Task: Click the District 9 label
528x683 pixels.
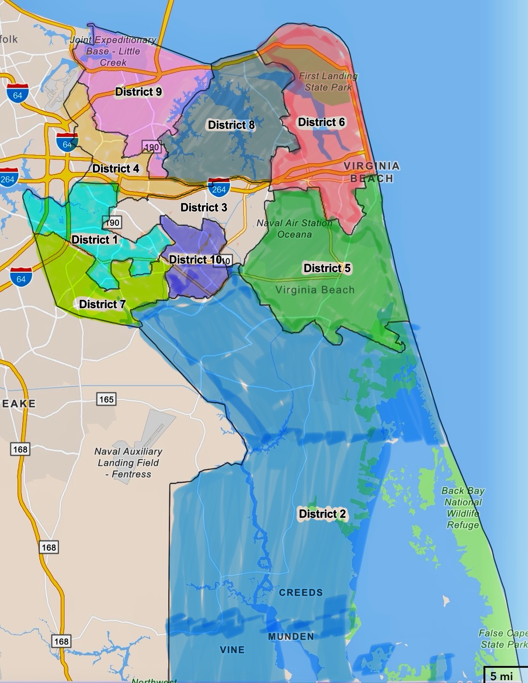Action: [138, 92]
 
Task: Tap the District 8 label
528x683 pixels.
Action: [231, 125]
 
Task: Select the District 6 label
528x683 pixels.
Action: [321, 122]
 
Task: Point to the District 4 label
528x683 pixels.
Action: [116, 168]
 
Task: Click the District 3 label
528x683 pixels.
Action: [204, 207]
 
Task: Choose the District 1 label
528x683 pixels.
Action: [94, 240]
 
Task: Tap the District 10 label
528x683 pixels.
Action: [196, 259]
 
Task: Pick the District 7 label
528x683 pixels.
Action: [102, 304]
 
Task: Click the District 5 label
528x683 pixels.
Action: [327, 268]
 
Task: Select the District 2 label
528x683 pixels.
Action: [322, 514]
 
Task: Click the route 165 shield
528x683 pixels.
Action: [106, 399]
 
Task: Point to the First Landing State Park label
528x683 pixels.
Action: [328, 82]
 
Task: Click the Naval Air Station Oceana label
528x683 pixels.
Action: [294, 229]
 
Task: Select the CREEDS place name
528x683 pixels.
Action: [300, 592]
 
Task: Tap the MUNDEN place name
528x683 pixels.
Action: [291, 637]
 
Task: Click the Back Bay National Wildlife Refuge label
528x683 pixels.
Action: [463, 508]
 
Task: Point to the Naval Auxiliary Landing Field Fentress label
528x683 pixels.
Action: [128, 462]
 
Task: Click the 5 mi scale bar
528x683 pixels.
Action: [504, 675]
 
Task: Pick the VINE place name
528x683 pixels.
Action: [232, 650]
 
